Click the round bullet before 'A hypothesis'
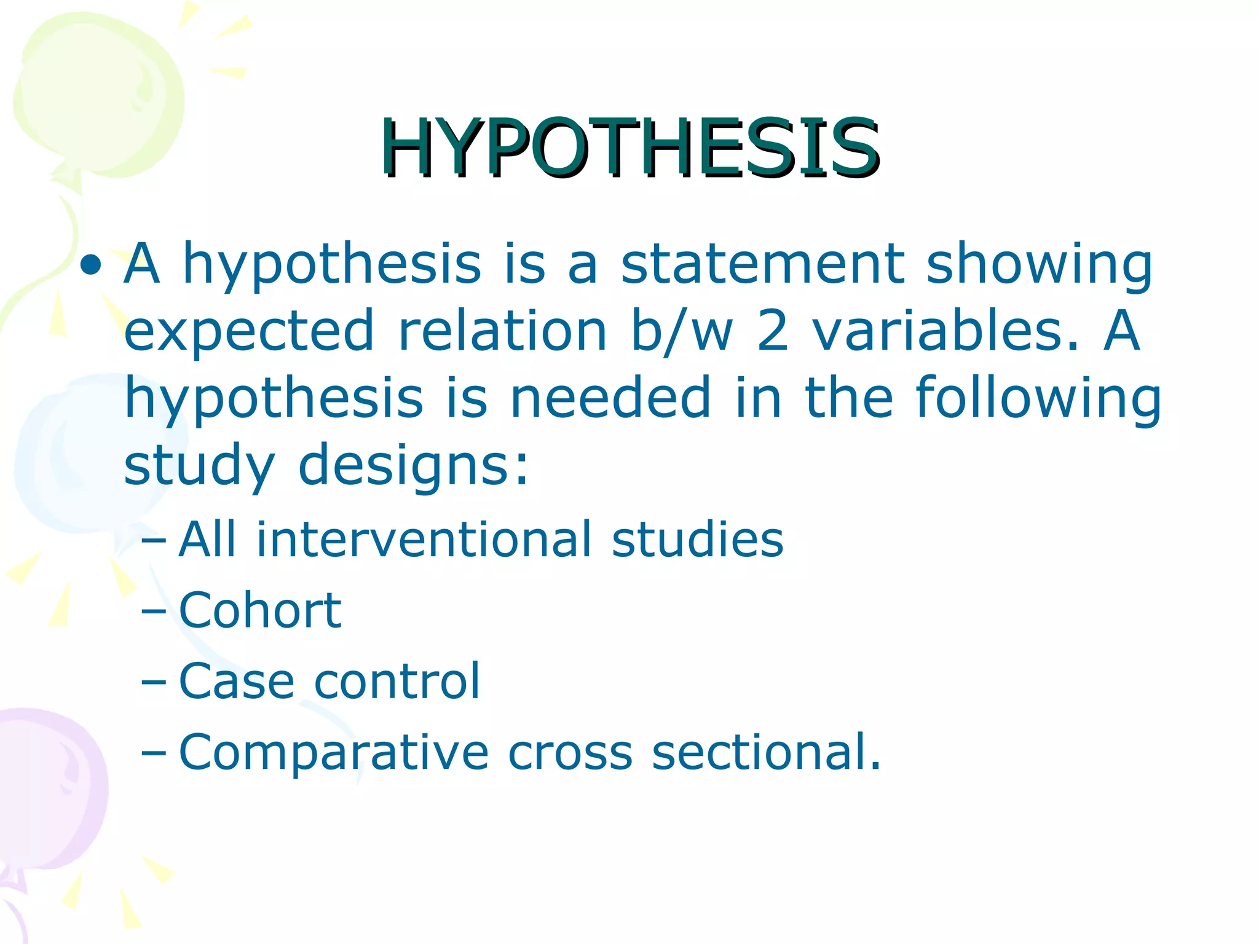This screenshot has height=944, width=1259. coord(91,265)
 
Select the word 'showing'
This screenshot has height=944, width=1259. coord(1039,265)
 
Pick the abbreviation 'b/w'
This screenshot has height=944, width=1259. coord(682,332)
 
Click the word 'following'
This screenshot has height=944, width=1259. coord(1038,399)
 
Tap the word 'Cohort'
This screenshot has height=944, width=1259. coord(260,610)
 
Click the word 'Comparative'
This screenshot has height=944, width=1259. coord(334,753)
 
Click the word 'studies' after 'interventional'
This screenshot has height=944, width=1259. coord(697,539)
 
